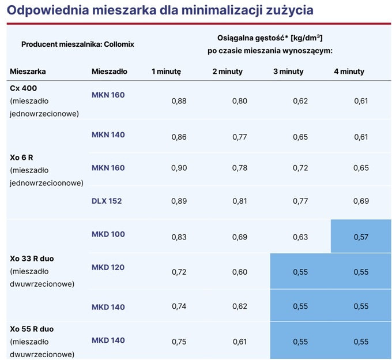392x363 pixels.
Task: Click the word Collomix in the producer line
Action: (x=119, y=44)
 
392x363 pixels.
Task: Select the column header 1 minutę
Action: (x=166, y=72)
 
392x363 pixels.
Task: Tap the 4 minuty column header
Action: (x=349, y=72)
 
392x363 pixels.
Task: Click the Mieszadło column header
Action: (x=110, y=72)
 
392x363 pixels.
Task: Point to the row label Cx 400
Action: (x=24, y=88)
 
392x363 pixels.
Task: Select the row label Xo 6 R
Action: (x=21, y=158)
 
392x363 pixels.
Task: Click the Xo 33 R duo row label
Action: (x=32, y=259)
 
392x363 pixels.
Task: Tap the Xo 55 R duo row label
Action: (x=32, y=329)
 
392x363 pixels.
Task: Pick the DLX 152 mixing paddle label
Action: (x=107, y=201)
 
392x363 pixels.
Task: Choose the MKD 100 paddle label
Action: (x=108, y=234)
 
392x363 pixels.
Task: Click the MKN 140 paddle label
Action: (x=108, y=134)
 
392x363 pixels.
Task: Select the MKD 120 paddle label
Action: (x=108, y=267)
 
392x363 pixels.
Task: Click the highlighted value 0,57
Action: (x=361, y=237)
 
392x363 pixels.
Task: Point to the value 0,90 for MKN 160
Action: (x=179, y=168)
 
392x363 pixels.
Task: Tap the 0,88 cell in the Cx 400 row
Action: (x=179, y=101)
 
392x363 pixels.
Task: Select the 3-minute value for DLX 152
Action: (x=300, y=201)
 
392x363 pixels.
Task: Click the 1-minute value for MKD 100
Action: (x=179, y=237)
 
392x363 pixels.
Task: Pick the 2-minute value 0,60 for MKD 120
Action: (x=240, y=272)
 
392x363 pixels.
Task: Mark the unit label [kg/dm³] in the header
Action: (x=307, y=38)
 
